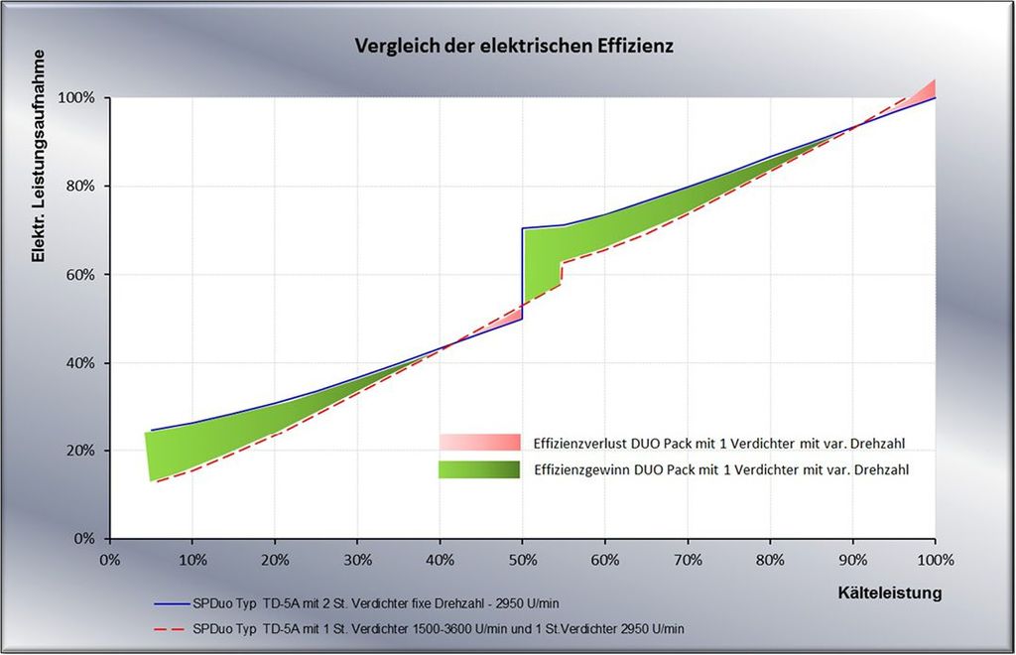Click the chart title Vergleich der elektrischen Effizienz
(x=507, y=47)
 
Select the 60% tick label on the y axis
(x=80, y=275)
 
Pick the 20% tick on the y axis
(x=80, y=451)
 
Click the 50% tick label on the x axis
(x=523, y=560)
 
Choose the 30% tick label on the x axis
(x=357, y=560)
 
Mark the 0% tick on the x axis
(x=110, y=560)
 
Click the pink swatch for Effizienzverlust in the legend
(x=479, y=442)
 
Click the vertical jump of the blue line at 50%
(x=523, y=273)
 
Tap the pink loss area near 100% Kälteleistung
(x=927, y=90)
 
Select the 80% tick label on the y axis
(x=80, y=187)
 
